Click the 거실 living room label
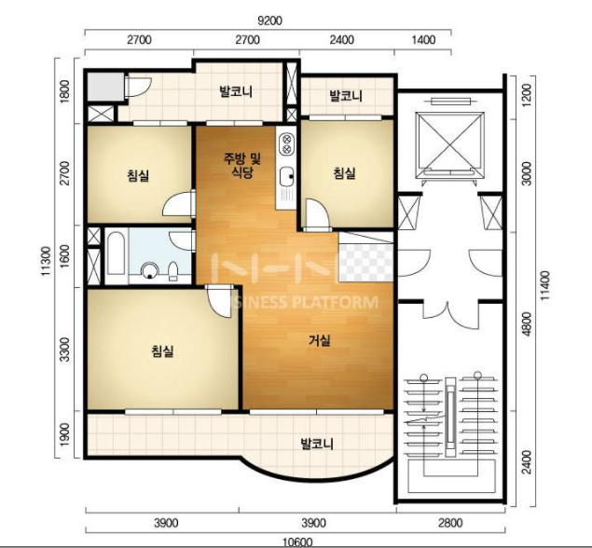(320, 341)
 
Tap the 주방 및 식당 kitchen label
(242, 165)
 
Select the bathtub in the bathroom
(116, 253)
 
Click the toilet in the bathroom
(172, 271)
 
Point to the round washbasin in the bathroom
(150, 270)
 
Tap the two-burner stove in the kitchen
(286, 144)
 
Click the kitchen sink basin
(286, 177)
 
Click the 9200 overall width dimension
(269, 21)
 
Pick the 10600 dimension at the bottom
(297, 542)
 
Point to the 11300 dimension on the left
(46, 261)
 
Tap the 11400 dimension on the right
(545, 286)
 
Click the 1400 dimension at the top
(423, 40)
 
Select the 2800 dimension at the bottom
(450, 523)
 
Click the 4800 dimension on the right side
(527, 323)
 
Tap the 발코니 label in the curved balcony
(317, 444)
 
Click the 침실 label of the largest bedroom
(163, 350)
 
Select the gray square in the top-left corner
(105, 87)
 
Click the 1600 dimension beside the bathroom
(65, 256)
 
